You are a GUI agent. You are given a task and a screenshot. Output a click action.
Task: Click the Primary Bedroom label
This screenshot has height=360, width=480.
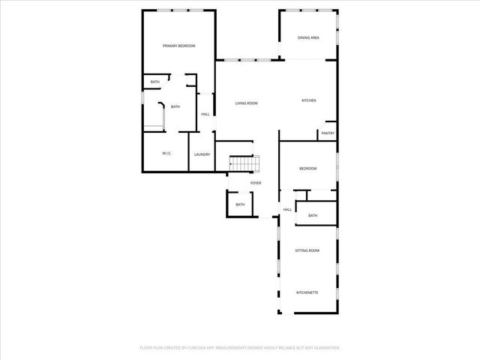179,46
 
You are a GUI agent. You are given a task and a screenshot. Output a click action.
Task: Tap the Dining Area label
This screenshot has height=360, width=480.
309,37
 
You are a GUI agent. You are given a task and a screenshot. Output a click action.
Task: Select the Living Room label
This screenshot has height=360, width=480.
247,103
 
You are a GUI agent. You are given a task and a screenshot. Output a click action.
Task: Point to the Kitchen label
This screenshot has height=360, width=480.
309,100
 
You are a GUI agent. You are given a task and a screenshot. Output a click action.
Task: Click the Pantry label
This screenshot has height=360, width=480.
327,133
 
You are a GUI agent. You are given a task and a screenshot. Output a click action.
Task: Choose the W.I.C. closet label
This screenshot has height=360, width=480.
167,154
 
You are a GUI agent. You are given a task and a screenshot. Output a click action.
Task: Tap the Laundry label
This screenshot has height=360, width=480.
202,154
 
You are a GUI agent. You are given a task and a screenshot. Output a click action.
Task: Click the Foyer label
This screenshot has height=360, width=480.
256,183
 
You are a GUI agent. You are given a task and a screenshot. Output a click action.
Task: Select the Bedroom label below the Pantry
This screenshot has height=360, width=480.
308,169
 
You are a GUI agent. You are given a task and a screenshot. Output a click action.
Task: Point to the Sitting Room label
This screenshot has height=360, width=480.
307,250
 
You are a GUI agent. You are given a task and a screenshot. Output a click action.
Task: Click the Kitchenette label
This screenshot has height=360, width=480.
307,292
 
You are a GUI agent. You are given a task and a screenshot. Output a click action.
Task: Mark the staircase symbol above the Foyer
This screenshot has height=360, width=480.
244,163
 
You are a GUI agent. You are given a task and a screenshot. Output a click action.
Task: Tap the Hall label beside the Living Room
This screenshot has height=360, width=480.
205,115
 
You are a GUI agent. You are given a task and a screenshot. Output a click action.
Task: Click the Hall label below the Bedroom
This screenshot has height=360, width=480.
287,210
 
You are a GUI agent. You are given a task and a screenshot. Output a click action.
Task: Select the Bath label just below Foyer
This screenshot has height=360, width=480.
240,205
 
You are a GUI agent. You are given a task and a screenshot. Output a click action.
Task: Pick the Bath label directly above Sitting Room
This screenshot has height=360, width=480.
313,216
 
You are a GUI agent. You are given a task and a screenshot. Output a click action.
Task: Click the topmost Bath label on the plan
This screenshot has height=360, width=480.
154,82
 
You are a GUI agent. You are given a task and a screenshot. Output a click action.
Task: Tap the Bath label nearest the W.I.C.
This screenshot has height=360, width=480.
175,106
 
